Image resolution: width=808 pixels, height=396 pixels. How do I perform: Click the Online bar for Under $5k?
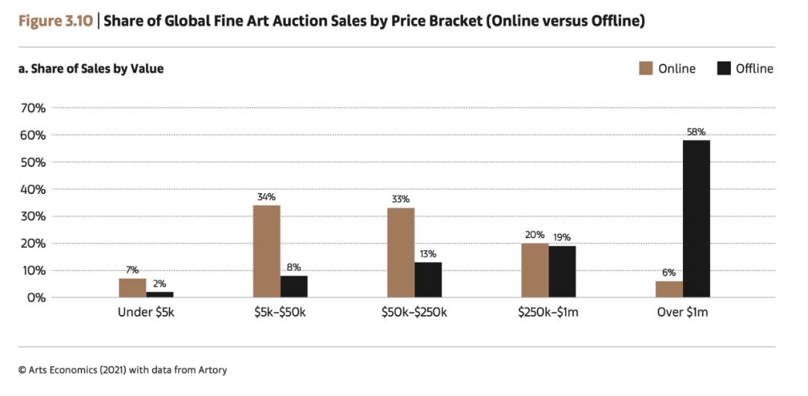(x=132, y=288)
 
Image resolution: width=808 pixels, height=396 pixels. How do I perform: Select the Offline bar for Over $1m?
(x=697, y=219)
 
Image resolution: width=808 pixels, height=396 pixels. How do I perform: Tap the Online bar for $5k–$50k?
(x=267, y=252)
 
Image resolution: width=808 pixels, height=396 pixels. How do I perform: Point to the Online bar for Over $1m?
(x=670, y=289)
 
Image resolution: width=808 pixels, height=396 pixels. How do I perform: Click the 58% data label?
(x=697, y=132)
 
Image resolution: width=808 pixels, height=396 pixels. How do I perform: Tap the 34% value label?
(x=266, y=198)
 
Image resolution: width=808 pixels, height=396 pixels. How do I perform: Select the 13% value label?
(x=428, y=255)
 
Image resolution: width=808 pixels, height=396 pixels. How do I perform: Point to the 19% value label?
(x=562, y=238)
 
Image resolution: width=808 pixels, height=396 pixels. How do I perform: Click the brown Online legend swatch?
(x=646, y=69)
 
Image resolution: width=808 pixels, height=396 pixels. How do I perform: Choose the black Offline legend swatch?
(x=723, y=69)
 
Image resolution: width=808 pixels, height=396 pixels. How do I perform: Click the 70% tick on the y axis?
(x=33, y=108)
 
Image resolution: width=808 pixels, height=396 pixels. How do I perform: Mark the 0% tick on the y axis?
(x=36, y=298)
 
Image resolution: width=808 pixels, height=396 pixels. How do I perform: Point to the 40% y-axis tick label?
(x=33, y=189)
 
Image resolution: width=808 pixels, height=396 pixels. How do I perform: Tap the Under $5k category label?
(x=146, y=312)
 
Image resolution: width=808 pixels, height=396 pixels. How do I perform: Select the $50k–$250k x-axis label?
(x=414, y=312)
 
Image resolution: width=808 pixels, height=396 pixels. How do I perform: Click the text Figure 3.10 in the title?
(x=56, y=21)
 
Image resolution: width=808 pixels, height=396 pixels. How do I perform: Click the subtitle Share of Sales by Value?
(x=91, y=69)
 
